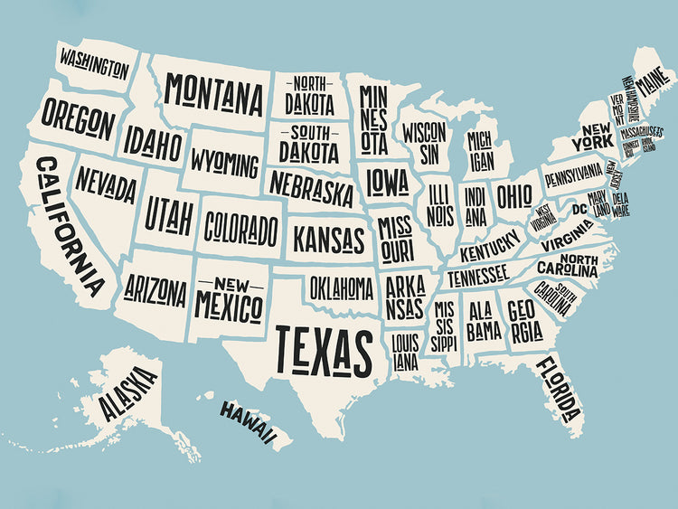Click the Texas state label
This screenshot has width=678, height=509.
(325, 351)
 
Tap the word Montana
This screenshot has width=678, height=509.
(214, 92)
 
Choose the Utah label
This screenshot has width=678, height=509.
(169, 216)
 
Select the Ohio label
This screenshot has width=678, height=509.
(514, 195)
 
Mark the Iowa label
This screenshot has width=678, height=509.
(387, 183)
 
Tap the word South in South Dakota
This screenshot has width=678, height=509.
(303, 132)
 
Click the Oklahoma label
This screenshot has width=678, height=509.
(342, 288)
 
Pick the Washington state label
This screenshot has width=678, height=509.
(94, 64)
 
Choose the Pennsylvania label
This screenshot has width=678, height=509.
(572, 172)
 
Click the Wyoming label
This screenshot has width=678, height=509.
(224, 165)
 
